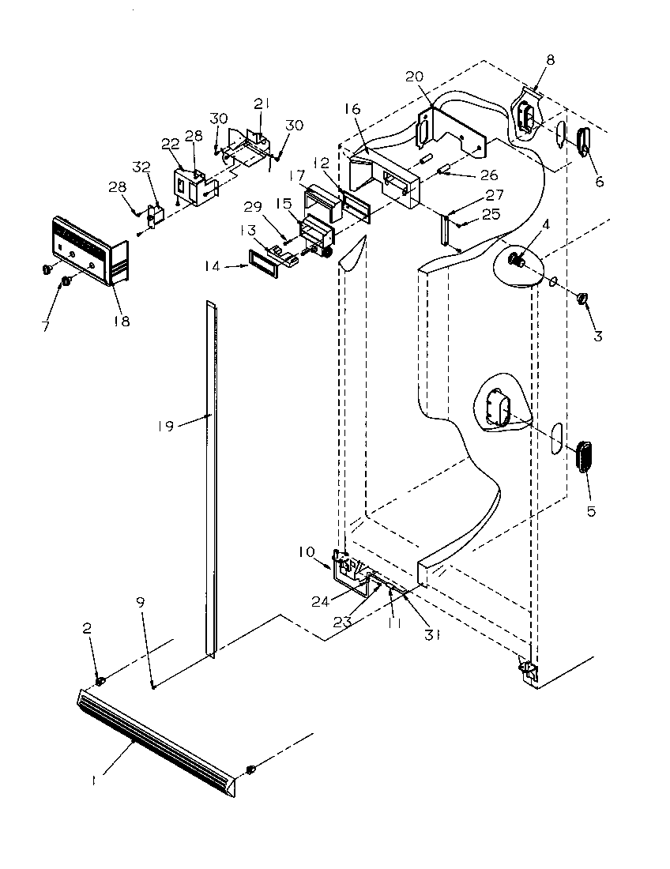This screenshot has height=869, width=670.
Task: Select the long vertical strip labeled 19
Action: [x=211, y=474]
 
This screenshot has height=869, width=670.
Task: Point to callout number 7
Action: [x=45, y=325]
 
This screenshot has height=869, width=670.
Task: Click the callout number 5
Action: [x=592, y=511]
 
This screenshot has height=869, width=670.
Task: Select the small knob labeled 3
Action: [x=582, y=298]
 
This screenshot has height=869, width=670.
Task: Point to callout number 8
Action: [x=550, y=59]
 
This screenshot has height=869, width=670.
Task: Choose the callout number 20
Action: [x=415, y=77]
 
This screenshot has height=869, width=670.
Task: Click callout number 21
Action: [x=262, y=104]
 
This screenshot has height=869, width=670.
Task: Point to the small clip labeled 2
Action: [x=100, y=681]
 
